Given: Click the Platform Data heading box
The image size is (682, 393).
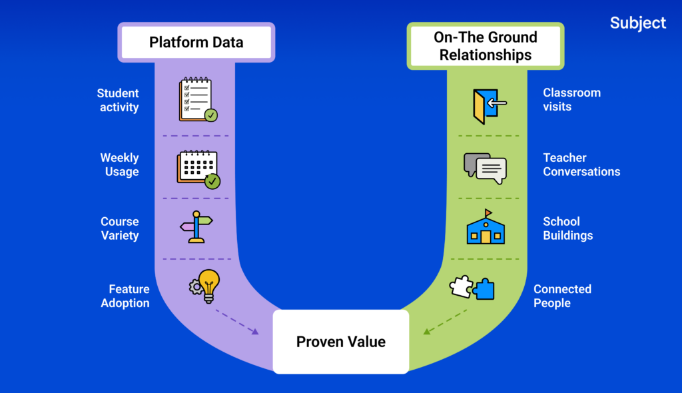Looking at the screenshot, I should [196, 43].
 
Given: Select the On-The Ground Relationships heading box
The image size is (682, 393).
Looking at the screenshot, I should [486, 46].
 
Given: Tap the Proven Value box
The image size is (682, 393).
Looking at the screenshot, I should [340, 342].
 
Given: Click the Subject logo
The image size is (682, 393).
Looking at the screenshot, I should [637, 23].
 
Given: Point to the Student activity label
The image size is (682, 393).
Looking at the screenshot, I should [118, 100].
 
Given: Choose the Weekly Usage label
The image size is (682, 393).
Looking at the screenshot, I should [119, 165].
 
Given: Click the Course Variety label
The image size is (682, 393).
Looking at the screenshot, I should [120, 228].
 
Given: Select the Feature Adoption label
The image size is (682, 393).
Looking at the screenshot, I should [125, 296].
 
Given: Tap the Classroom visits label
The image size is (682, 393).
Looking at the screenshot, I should [571, 99].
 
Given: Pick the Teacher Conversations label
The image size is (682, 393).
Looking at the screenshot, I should [581, 165].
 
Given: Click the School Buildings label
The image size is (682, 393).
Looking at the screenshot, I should [567, 228].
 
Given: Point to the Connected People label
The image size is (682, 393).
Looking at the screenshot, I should [562, 296].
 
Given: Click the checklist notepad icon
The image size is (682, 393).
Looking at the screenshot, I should [197, 101].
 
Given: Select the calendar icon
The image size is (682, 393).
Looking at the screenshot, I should [198, 169].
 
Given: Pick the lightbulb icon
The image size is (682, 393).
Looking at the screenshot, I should [208, 285].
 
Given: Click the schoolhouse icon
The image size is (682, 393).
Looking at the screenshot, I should [485, 228].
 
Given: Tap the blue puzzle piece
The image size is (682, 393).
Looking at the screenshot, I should [484, 289].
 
